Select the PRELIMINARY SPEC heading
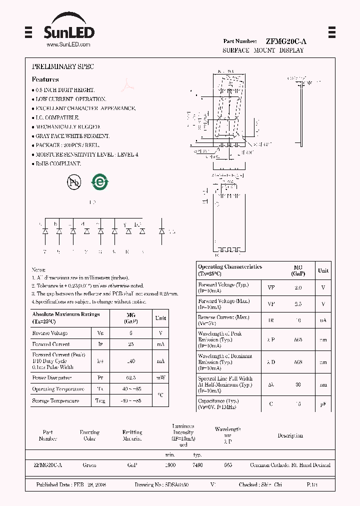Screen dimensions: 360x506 click(x=62, y=66)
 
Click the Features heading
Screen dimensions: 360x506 click(x=45, y=79)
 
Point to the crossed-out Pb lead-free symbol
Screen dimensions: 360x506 click(x=73, y=182)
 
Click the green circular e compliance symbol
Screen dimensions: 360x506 click(x=99, y=182)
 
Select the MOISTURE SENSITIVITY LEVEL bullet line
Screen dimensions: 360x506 click(x=86, y=154)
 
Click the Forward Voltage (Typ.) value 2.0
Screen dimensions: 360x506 click(x=298, y=288)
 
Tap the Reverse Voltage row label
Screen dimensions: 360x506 click(x=50, y=333)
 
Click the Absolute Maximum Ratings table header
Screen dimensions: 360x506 click(x=66, y=317)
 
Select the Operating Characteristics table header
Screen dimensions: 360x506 click(x=230, y=270)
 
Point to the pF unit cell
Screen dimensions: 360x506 click(x=323, y=404)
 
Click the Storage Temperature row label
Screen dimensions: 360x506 click(x=55, y=401)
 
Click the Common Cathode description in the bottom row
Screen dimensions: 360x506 click(x=290, y=465)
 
